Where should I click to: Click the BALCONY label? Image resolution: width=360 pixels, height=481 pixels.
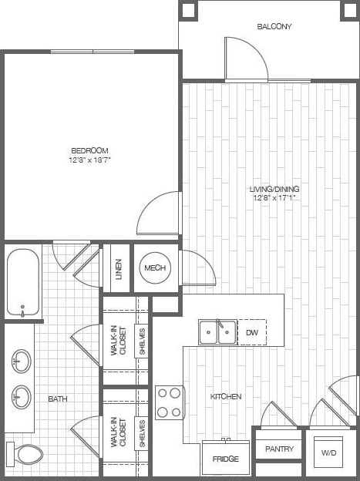click(274, 26)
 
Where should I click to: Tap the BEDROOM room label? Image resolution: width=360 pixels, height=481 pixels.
click(89, 150)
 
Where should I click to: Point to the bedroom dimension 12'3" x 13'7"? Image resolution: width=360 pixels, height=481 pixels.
click(89, 161)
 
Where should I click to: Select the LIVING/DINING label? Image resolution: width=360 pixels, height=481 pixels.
click(274, 189)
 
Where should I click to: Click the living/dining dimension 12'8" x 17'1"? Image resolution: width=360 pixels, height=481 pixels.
click(274, 199)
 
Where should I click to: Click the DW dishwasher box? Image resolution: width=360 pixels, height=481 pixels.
click(252, 332)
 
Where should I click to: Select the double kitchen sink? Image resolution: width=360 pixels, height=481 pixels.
click(217, 332)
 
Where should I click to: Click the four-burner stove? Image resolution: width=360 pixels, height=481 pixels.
click(170, 402)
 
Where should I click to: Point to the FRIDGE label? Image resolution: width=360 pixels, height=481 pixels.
click(226, 459)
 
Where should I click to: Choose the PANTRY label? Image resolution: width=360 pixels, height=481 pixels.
click(279, 449)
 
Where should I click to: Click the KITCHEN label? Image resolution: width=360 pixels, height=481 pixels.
click(226, 396)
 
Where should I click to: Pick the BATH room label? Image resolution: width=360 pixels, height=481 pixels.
click(58, 399)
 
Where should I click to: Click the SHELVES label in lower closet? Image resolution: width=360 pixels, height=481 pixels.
click(142, 434)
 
